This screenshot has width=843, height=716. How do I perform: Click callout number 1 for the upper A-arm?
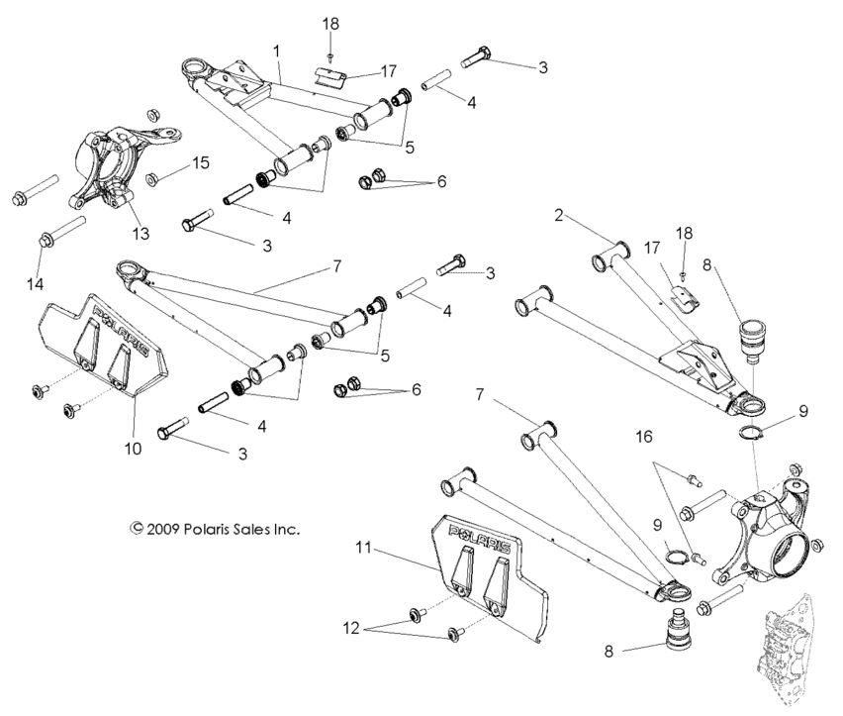(x=277, y=49)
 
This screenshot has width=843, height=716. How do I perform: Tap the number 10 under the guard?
(x=133, y=449)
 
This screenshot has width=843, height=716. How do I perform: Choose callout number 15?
(x=201, y=162)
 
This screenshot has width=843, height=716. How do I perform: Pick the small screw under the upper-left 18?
(x=333, y=56)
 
